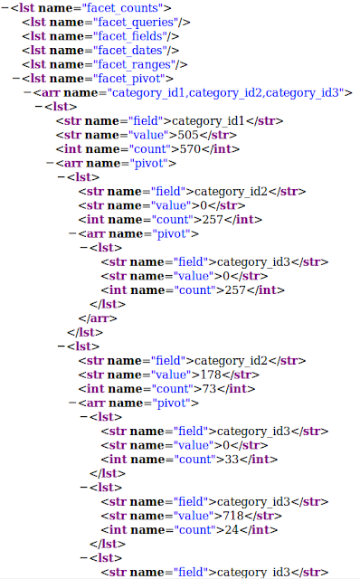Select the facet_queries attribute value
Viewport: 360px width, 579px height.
point(136,23)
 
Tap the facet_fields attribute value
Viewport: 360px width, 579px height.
point(130,36)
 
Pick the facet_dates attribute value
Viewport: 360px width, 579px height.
point(130,51)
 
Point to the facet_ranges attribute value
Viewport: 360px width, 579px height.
point(134,64)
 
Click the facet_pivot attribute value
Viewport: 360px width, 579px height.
point(128,79)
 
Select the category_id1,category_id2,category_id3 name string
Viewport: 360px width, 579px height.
point(225,92)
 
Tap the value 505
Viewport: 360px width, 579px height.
point(188,135)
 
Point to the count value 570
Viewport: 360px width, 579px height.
point(190,149)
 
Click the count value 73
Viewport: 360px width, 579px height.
point(209,389)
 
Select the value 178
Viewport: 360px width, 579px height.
point(211,375)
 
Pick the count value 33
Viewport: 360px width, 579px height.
point(232,460)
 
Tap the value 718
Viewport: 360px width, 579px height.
point(233,516)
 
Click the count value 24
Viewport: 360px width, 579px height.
point(232,530)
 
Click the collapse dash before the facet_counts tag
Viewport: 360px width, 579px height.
point(5,8)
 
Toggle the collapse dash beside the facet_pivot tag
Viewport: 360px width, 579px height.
point(16,79)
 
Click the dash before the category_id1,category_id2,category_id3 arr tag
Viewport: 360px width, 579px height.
point(28,92)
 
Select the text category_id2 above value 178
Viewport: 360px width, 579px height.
point(231,361)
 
